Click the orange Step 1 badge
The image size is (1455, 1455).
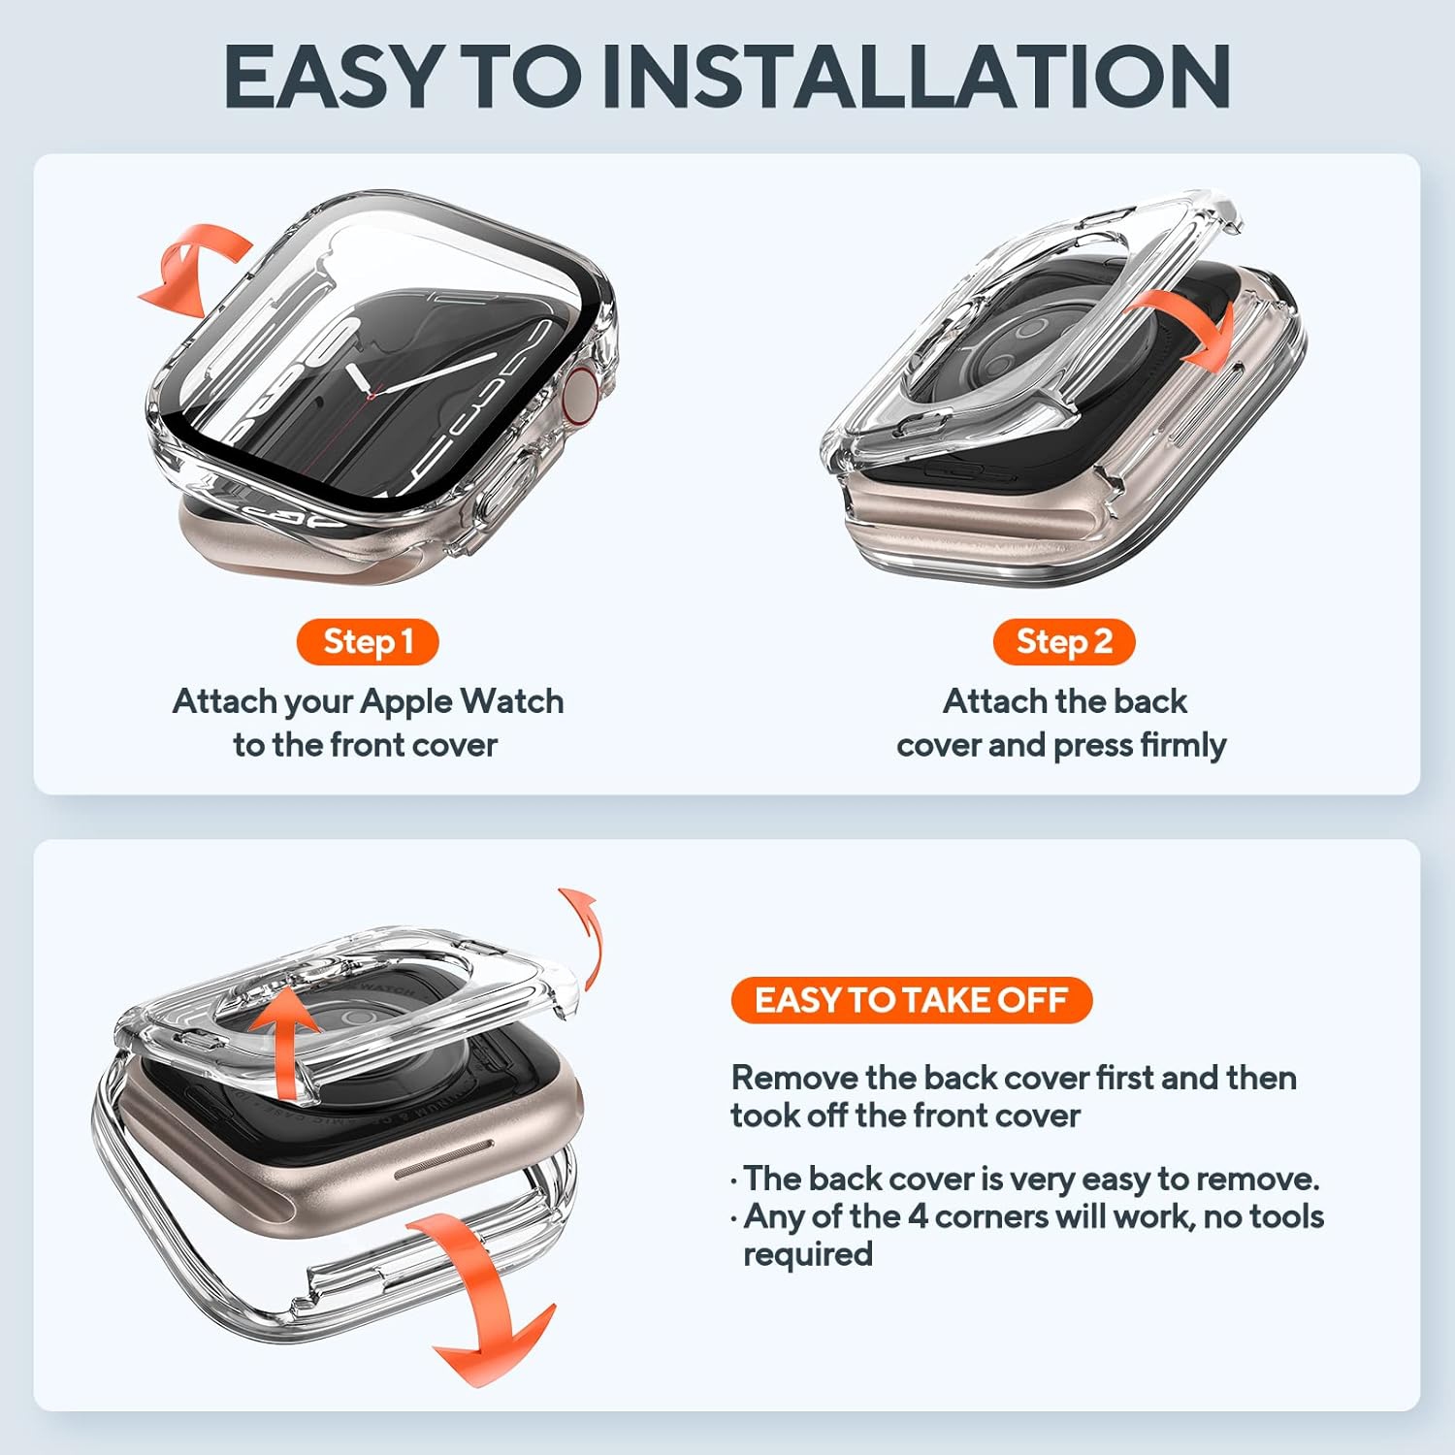click(x=368, y=642)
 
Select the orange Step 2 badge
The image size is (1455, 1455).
click(x=1064, y=642)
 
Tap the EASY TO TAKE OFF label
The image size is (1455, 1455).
click(x=911, y=1000)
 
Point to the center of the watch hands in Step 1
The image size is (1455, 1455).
click(x=372, y=392)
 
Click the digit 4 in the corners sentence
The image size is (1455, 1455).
click(x=918, y=1216)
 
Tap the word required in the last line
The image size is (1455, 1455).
click(x=808, y=1254)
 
